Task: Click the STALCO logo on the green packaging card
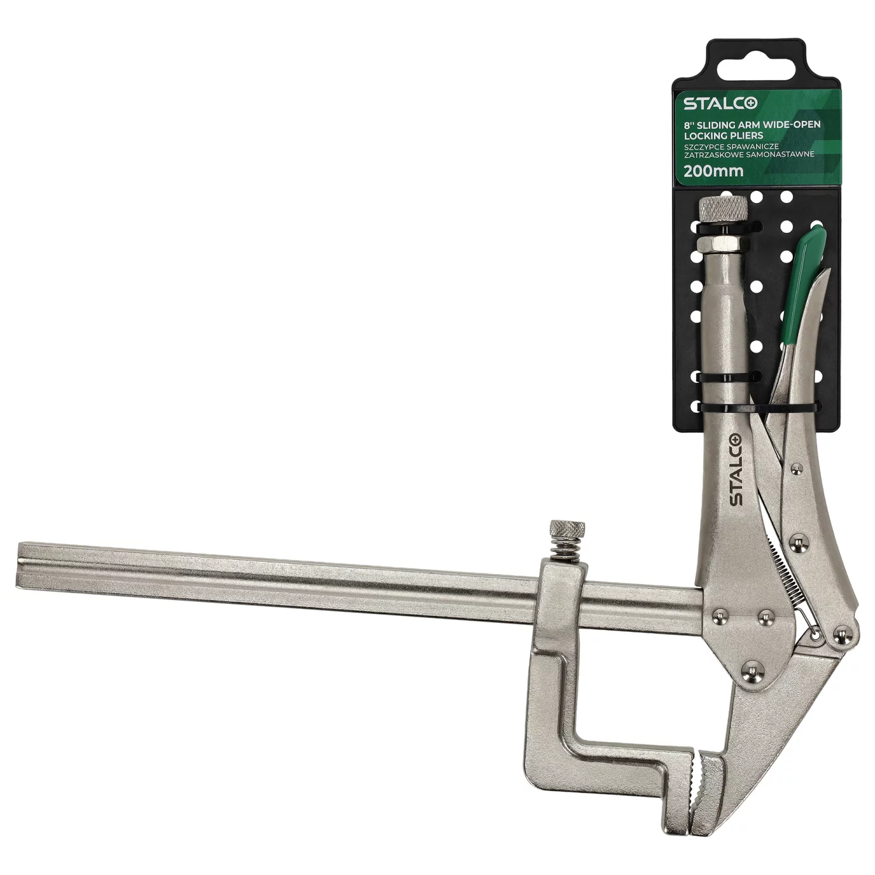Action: coord(720,104)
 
